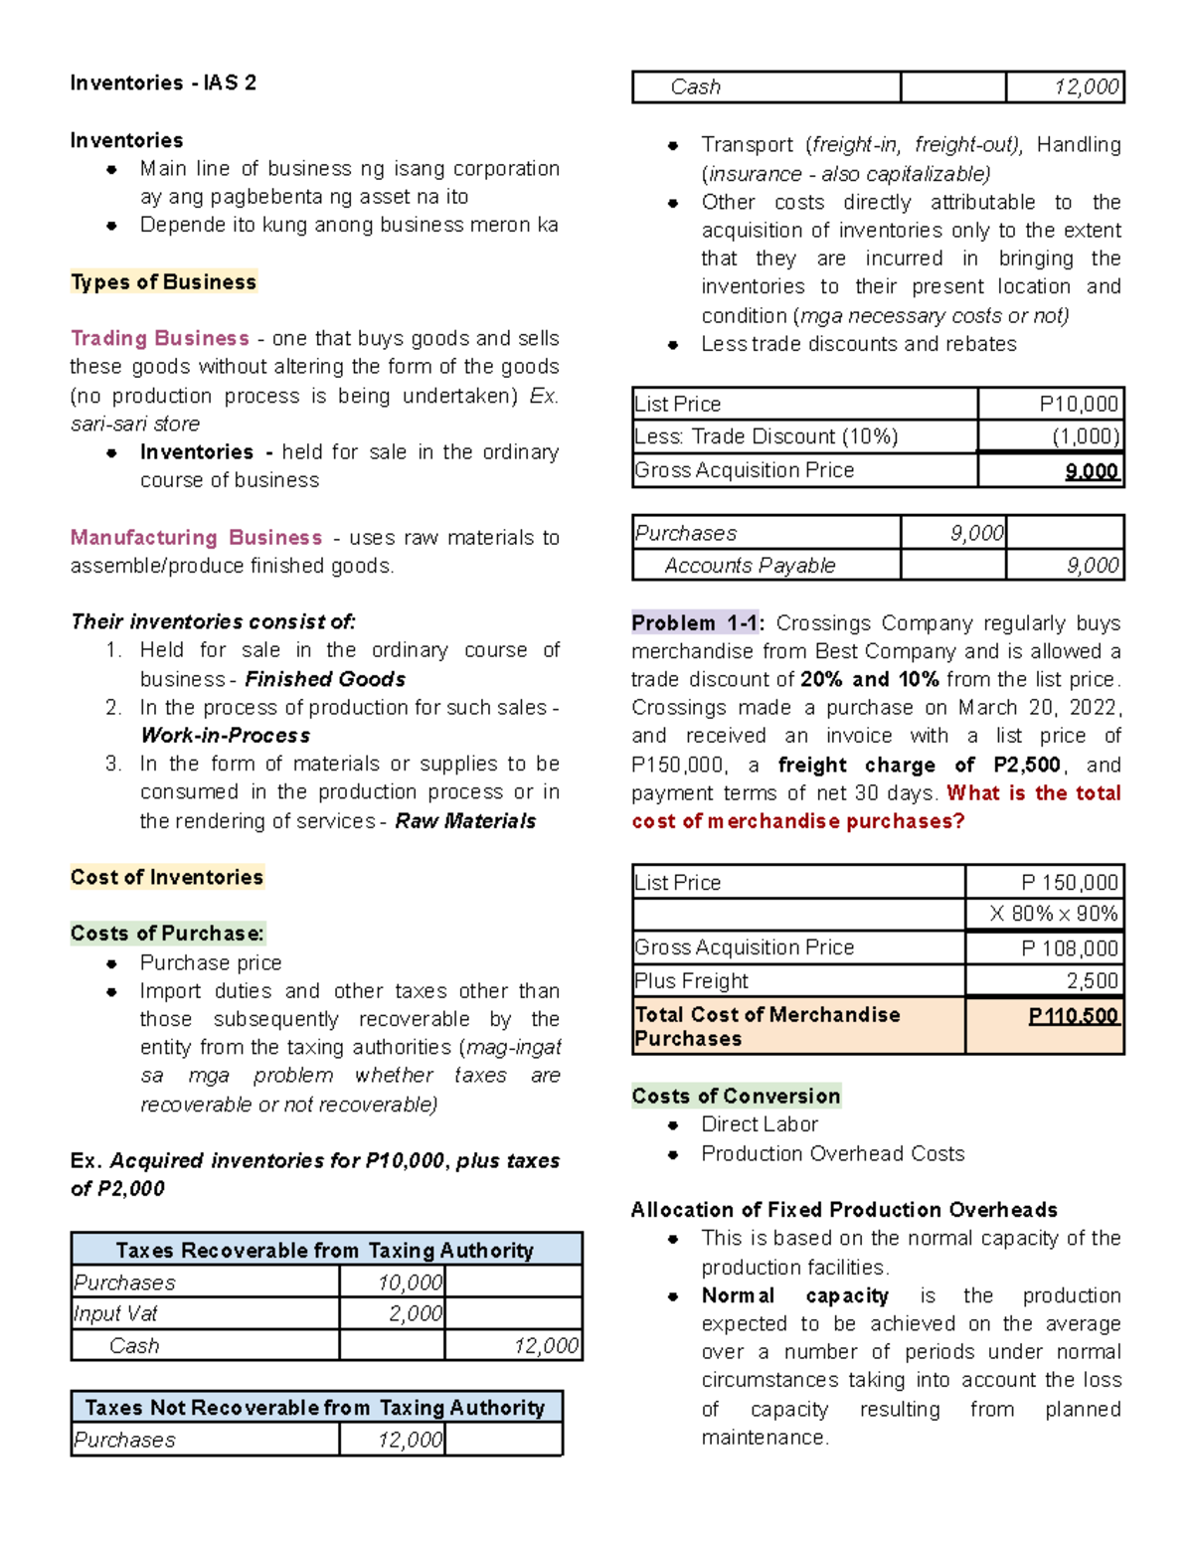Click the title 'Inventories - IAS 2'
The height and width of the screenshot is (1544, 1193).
coord(163,83)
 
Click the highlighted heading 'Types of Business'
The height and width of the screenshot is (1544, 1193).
coord(163,282)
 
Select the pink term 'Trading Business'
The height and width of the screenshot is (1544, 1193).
coord(160,338)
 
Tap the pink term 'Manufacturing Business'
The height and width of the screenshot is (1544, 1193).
coord(196,538)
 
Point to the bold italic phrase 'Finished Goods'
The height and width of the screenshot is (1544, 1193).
coord(325,679)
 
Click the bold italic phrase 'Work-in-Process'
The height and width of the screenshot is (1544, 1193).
coord(226,736)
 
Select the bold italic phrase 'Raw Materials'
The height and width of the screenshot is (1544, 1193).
coord(465,821)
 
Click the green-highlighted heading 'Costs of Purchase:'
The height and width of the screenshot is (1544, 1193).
coord(167,934)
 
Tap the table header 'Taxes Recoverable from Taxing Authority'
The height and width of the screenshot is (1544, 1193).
coord(325,1251)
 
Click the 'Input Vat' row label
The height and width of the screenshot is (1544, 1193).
coord(116,1313)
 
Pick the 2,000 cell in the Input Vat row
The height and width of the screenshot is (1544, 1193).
coord(415,1313)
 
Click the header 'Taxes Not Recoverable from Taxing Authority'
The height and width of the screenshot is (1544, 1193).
coord(315,1408)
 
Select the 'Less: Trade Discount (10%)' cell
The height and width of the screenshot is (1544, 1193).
coord(767,436)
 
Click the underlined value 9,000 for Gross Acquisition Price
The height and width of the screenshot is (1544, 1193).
coord(1091,471)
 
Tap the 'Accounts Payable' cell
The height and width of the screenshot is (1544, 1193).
coord(750,566)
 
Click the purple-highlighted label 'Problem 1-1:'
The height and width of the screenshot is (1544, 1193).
coord(696,623)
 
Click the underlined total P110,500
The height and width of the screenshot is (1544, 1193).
coord(1073,1016)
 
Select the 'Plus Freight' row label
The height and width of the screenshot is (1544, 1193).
coord(692,981)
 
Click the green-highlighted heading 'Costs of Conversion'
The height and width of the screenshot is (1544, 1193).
coord(736,1096)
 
